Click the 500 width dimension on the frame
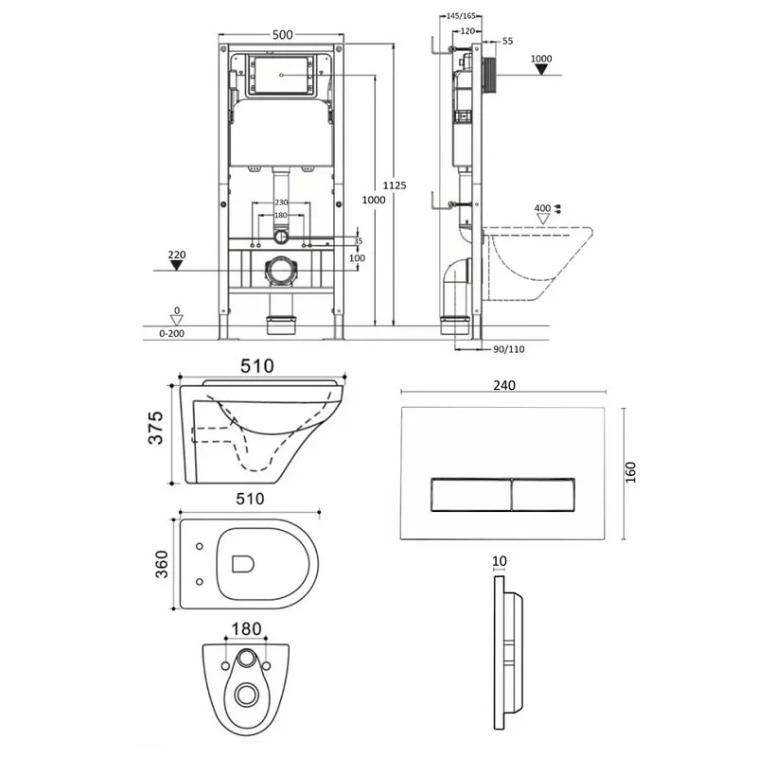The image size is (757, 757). [283, 34]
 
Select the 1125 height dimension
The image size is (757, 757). [399, 185]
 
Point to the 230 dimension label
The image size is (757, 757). [280, 202]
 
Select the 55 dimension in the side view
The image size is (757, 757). [507, 42]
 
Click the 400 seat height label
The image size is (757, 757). [542, 208]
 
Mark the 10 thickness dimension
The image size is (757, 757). [500, 560]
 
